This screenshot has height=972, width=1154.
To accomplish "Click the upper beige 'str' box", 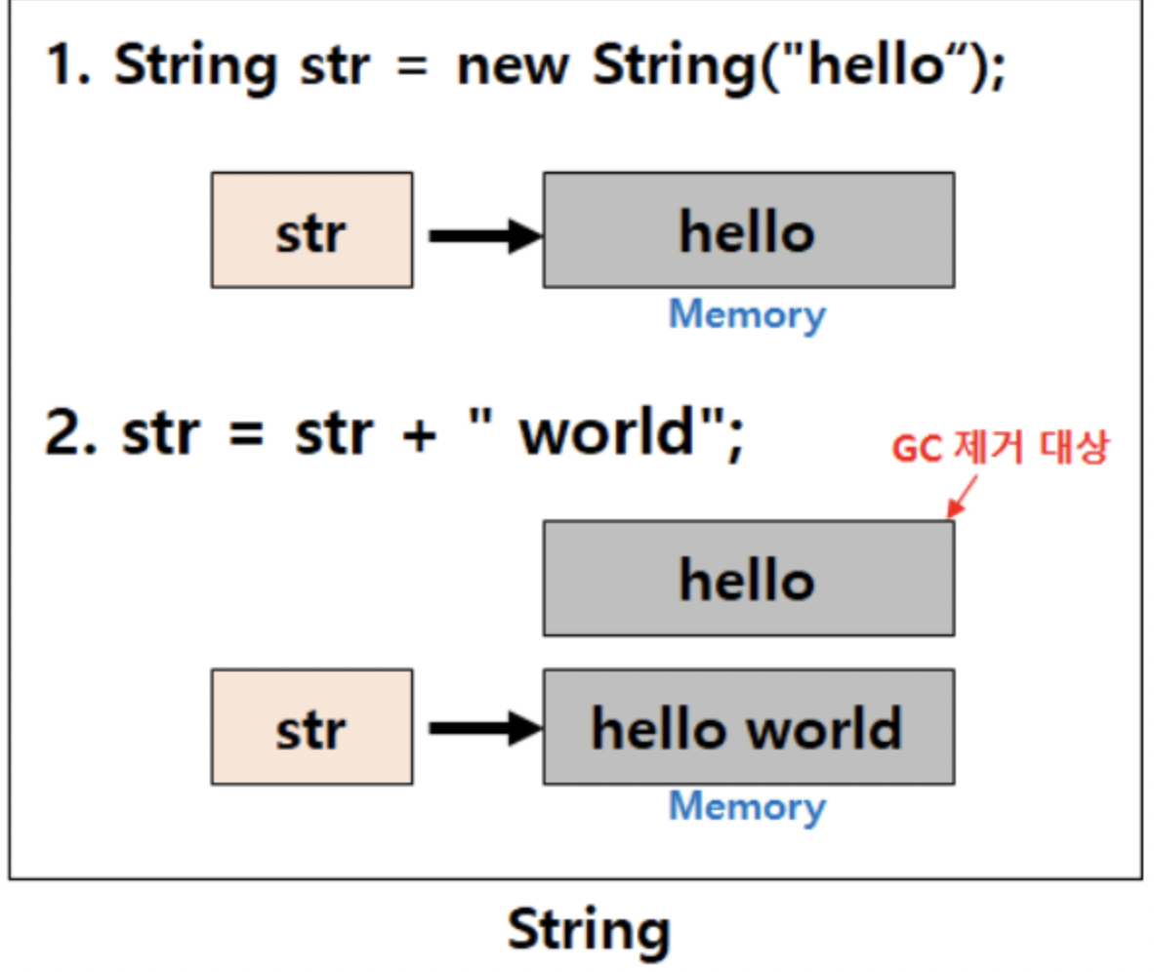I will coord(311,230).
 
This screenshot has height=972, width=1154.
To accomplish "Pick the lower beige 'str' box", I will coord(311,727).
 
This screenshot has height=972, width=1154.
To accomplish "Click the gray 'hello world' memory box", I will coord(748,727).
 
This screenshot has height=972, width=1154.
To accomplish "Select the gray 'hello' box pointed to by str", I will coord(748,230).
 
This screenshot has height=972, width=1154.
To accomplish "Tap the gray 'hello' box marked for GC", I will coord(748,578).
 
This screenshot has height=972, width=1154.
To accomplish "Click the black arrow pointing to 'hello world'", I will coord(484,727).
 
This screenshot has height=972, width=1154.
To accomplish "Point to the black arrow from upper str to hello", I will coord(484,234).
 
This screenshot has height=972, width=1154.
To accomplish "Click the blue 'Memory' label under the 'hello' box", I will coord(747,314).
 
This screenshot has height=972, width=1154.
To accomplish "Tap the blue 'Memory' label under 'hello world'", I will coord(747,806).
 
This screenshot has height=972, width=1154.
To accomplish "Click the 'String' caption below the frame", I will coord(589,929).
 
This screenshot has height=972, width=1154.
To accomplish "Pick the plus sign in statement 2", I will coord(418,434).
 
